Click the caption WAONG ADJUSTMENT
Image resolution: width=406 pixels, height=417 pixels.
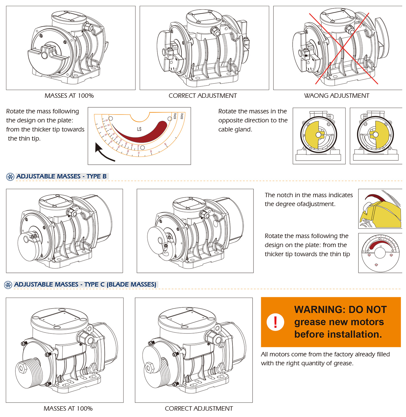[336, 96]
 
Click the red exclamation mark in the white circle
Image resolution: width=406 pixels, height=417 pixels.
[275, 322]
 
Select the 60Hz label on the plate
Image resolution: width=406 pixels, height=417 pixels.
[175, 116]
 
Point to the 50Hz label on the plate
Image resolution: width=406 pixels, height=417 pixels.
[182, 116]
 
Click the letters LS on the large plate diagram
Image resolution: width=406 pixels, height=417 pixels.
[139, 129]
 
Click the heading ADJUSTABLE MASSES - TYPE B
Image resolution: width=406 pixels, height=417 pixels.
[61, 176]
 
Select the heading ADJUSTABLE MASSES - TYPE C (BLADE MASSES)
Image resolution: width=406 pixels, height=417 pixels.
[85, 284]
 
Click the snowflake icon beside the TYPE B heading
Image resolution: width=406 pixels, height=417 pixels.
[10, 177]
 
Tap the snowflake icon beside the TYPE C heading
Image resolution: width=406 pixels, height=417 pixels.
[8, 285]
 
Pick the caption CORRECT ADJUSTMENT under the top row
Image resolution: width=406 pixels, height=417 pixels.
[203, 96]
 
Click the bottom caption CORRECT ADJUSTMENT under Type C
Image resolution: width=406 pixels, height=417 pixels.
[199, 409]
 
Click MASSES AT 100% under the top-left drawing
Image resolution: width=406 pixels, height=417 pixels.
[69, 96]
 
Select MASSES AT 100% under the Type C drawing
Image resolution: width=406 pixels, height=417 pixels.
[68, 409]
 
